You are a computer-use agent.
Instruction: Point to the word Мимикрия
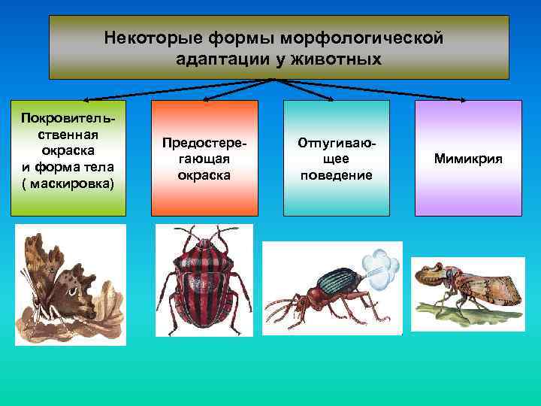point(468,159)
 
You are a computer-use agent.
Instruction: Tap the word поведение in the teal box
point(336,175)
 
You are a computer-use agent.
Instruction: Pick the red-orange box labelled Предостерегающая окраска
point(204,158)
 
